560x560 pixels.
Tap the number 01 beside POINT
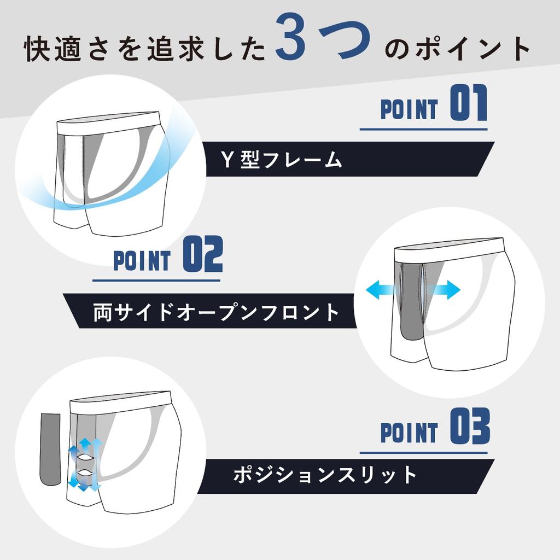(468, 106)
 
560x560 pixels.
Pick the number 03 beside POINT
(469, 427)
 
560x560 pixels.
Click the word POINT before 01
(409, 109)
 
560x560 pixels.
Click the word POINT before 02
(142, 261)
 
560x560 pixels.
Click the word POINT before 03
(409, 432)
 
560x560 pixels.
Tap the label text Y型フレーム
(281, 160)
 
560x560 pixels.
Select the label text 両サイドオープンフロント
(217, 312)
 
